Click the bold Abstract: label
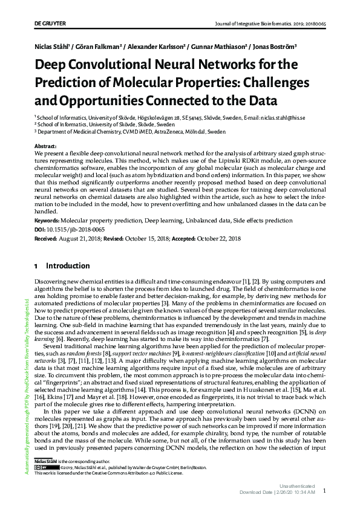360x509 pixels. click(x=46, y=147)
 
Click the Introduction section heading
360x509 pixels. click(x=68, y=266)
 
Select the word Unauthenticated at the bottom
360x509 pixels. click(x=296, y=486)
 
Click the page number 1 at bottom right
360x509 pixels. click(x=326, y=491)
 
